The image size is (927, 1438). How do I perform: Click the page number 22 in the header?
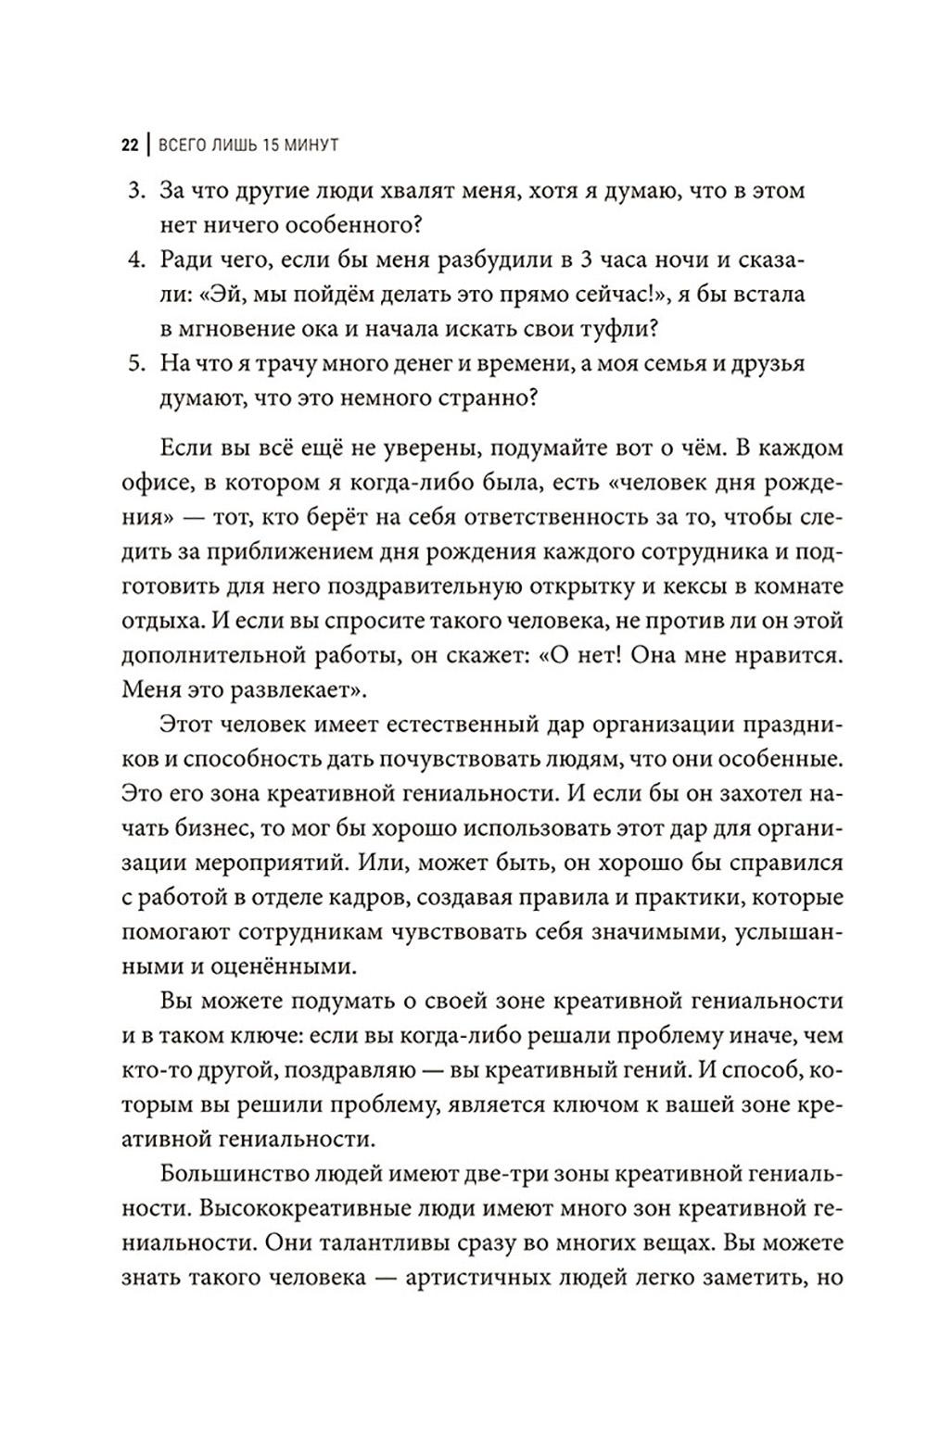pyautogui.click(x=130, y=146)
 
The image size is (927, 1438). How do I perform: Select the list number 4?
pyautogui.click(x=136, y=260)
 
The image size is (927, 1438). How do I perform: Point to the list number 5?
pyautogui.click(x=136, y=364)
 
